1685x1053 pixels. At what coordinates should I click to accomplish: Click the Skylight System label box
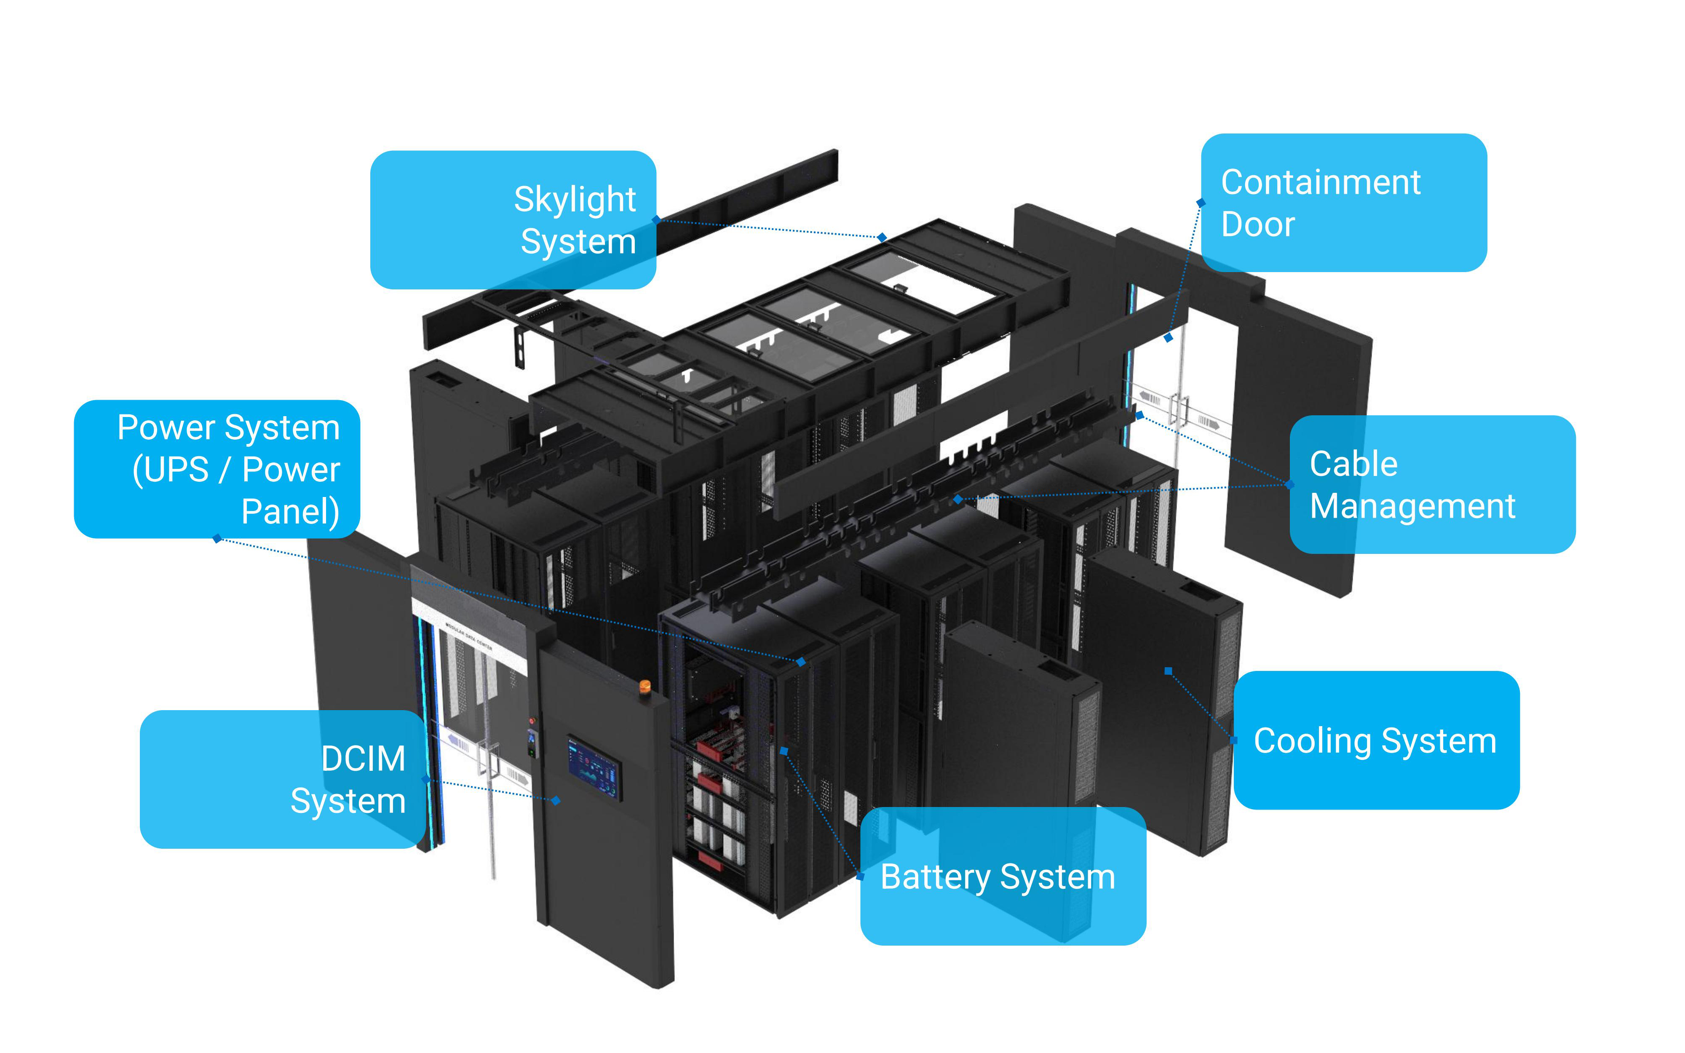[513, 219]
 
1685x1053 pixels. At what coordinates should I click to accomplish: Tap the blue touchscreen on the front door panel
[593, 767]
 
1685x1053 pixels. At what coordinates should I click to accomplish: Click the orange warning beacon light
[645, 686]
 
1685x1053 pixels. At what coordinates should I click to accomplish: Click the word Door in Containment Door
[1257, 224]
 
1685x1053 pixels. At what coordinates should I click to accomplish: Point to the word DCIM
[363, 758]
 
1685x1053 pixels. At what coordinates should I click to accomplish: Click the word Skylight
[575, 199]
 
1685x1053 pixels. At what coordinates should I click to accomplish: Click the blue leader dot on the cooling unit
[1169, 671]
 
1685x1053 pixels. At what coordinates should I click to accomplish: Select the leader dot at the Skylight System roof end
[882, 238]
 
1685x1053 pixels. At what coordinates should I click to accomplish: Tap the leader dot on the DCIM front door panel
[556, 800]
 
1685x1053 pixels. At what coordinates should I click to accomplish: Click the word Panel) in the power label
[290, 511]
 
